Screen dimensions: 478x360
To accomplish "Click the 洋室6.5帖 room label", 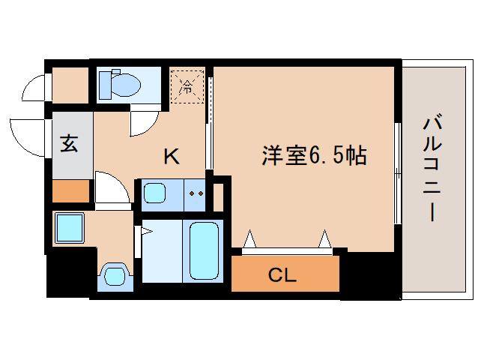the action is (314, 155).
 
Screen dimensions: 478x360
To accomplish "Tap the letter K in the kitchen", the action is (172, 156).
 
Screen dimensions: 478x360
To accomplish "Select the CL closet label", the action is (282, 275).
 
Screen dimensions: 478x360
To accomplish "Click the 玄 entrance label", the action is (69, 143).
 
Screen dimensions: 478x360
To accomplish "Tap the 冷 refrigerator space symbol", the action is (187, 86).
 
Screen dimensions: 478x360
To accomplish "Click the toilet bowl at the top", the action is (126, 85).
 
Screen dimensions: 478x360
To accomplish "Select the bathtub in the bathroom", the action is (204, 250).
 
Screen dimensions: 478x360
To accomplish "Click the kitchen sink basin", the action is (154, 193).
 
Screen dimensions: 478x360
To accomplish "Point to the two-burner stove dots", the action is (196, 193).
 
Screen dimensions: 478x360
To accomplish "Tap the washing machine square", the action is (70, 228).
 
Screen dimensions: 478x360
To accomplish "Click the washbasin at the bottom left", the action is (115, 275).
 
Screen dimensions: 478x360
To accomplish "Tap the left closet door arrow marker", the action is (249, 238).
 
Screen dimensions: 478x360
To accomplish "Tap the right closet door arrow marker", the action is (325, 238).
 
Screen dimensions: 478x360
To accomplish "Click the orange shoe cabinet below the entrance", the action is (71, 190).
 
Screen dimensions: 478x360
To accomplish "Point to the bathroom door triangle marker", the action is (147, 232).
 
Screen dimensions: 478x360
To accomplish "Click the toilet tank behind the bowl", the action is (105, 85).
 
